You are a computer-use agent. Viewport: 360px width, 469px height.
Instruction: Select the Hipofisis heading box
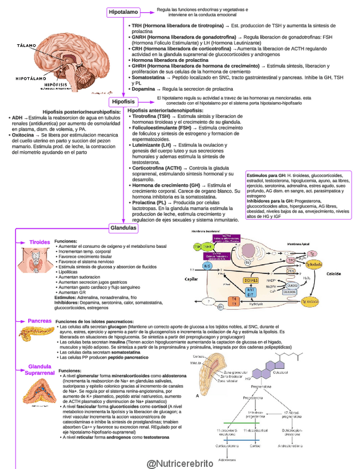click(123, 102)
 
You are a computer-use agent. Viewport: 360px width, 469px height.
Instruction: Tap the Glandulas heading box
click(123, 227)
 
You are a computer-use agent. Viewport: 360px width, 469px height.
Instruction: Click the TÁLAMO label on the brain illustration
click(26, 44)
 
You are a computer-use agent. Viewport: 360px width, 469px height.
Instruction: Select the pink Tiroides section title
click(40, 242)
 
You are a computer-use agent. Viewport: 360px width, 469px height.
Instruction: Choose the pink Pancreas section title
click(40, 321)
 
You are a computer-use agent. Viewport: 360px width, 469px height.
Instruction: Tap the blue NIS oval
click(207, 266)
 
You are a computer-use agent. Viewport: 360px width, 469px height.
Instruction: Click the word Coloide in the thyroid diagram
click(334, 273)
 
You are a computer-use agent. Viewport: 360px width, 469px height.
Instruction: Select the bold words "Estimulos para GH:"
click(266, 175)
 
